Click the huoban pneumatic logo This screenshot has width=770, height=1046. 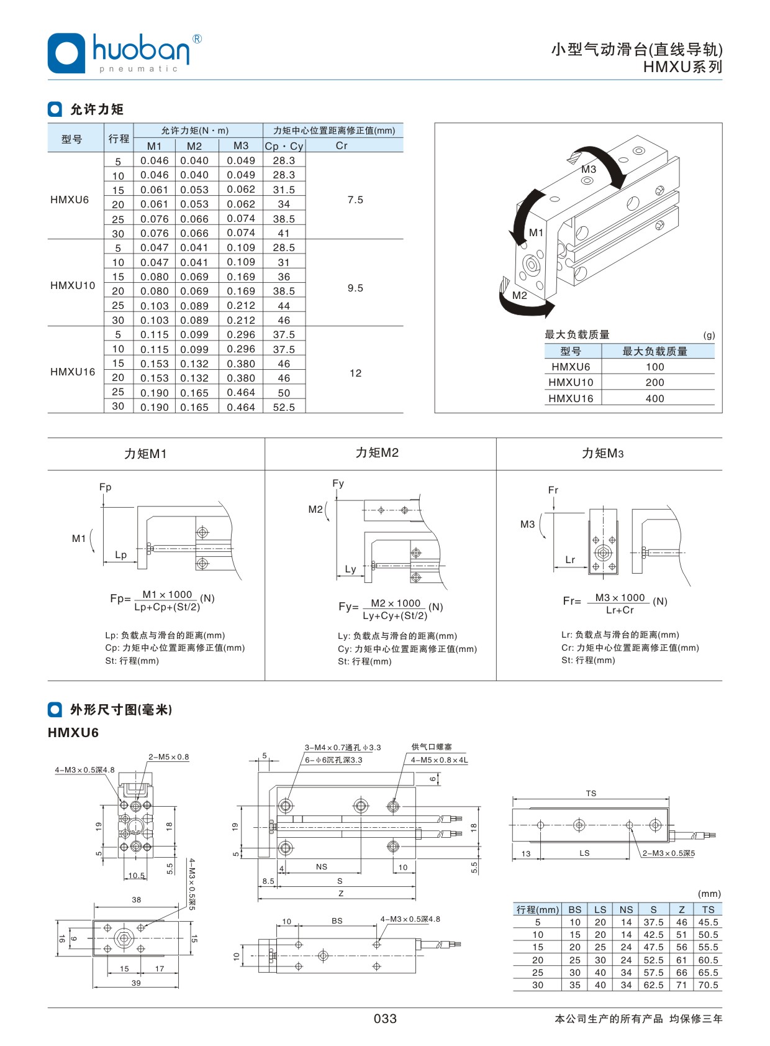[124, 53]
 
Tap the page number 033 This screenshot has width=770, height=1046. [385, 1018]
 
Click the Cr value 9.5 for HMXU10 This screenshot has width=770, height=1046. [355, 288]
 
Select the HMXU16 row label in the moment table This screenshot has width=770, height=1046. [73, 372]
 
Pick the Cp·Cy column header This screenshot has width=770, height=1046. [284, 146]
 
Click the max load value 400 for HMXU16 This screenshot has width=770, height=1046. [654, 398]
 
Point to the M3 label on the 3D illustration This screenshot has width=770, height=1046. [588, 169]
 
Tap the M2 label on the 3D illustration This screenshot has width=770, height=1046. [520, 295]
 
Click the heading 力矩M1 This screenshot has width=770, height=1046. [145, 454]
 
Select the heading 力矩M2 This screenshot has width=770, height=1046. [377, 452]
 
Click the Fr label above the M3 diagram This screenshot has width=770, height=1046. [553, 490]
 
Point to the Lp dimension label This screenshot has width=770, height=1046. [120, 554]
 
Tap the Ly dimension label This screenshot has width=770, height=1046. [351, 569]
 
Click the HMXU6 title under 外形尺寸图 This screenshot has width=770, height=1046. [73, 732]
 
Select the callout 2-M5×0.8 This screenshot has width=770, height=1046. [168, 756]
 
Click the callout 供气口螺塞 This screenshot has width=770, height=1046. [432, 746]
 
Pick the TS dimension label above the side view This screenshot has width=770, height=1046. [591, 793]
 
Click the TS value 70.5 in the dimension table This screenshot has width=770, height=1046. [708, 984]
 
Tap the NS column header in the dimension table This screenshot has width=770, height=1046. [626, 909]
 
